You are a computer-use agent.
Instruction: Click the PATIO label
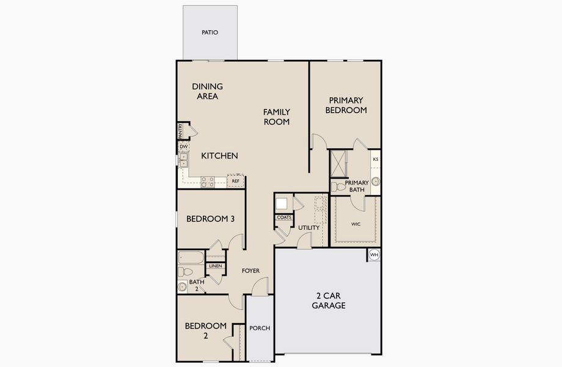pyautogui.click(x=210, y=32)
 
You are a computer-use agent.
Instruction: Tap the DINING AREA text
pyautogui.click(x=207, y=91)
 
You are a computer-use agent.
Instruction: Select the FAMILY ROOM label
pyautogui.click(x=277, y=116)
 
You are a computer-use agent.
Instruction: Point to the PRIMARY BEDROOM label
pyautogui.click(x=346, y=105)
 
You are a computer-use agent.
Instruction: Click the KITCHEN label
pyautogui.click(x=219, y=156)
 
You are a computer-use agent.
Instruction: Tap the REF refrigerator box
pyautogui.click(x=235, y=181)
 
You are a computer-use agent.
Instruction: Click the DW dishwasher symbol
pyautogui.click(x=183, y=147)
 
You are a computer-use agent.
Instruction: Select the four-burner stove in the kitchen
pyautogui.click(x=208, y=181)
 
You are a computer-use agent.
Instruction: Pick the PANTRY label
pyautogui.click(x=180, y=130)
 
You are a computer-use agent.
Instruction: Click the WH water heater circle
pyautogui.click(x=374, y=254)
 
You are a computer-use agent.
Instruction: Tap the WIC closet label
pyautogui.click(x=356, y=224)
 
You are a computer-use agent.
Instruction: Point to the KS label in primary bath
pyautogui.click(x=375, y=159)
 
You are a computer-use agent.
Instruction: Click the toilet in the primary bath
pyautogui.click(x=337, y=186)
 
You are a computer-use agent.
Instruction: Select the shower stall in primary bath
pyautogui.click(x=338, y=163)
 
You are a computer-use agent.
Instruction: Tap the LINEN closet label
pyautogui.click(x=215, y=266)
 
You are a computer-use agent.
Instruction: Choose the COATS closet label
pyautogui.click(x=283, y=217)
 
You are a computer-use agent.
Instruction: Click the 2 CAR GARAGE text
pyautogui.click(x=329, y=300)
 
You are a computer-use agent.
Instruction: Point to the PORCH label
pyautogui.click(x=260, y=328)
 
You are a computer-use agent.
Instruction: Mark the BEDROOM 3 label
pyautogui.click(x=211, y=218)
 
